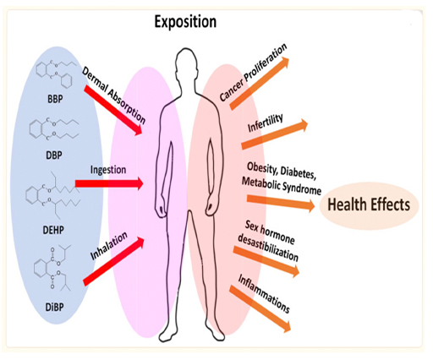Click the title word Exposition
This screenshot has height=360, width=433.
click(x=185, y=22)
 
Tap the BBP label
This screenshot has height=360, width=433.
click(x=55, y=99)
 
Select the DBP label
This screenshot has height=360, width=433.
click(x=54, y=155)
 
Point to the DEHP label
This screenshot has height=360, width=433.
click(x=53, y=230)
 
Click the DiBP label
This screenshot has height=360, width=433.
click(x=54, y=307)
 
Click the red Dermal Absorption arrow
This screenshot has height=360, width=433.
click(x=113, y=111)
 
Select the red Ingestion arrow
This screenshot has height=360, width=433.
click(x=109, y=183)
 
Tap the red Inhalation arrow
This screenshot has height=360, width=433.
click(x=114, y=262)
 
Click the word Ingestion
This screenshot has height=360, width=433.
click(x=108, y=170)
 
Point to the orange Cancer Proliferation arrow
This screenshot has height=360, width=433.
click(x=260, y=83)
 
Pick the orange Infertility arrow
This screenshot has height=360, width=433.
click(x=275, y=134)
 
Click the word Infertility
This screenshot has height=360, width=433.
click(x=266, y=123)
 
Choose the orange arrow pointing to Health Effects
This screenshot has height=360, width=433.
click(x=281, y=202)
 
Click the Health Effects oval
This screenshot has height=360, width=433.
click(x=369, y=205)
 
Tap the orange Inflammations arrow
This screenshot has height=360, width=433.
click(x=260, y=309)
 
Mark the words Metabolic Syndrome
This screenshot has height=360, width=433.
click(x=282, y=186)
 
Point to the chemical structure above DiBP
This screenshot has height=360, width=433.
click(x=52, y=268)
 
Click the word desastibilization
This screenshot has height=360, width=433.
click(x=268, y=248)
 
